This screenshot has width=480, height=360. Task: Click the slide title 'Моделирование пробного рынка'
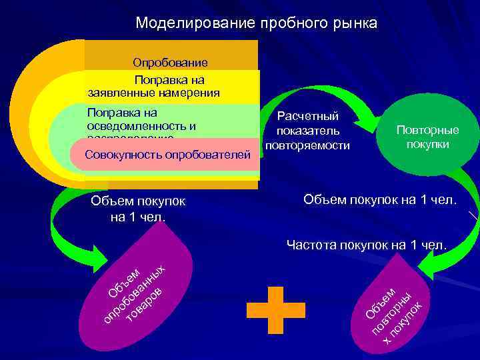click(x=256, y=23)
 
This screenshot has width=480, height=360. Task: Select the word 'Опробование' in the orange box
click(x=170, y=63)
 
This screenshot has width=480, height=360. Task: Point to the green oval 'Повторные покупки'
click(x=427, y=137)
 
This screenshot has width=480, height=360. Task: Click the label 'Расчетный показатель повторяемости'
click(x=307, y=131)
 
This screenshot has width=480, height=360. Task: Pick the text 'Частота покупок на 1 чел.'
click(x=366, y=245)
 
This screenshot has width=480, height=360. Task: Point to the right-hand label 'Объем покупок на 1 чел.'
click(x=380, y=199)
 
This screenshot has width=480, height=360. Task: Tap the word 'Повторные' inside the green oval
click(x=427, y=130)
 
